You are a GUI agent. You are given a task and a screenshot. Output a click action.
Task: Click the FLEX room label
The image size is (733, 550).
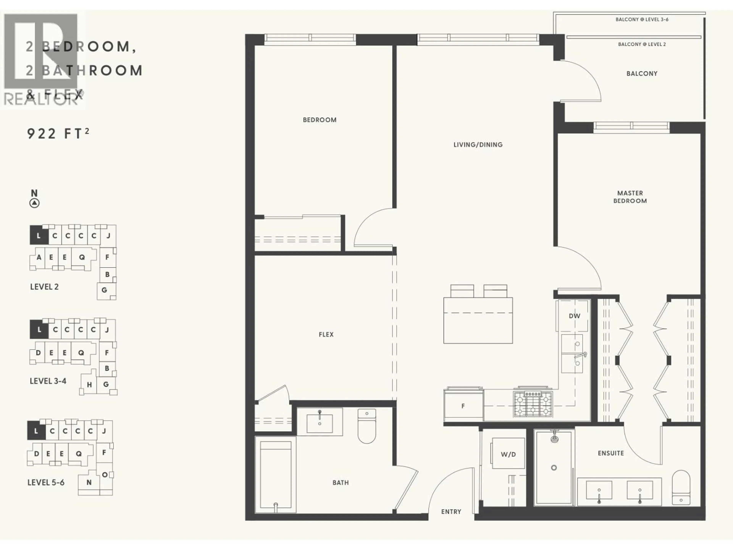pyautogui.click(x=326, y=335)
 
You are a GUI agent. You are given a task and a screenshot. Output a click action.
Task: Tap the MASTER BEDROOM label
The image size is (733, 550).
pyautogui.click(x=630, y=197)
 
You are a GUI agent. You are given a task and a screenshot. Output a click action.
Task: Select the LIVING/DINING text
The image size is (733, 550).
pyautogui.click(x=478, y=145)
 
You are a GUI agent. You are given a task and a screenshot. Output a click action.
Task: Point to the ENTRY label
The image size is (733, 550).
pyautogui.click(x=451, y=512)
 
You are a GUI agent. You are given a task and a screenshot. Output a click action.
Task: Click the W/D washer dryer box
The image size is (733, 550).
pyautogui.click(x=508, y=454)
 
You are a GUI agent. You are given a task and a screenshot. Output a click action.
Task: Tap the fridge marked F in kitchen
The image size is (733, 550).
pyautogui.click(x=463, y=406)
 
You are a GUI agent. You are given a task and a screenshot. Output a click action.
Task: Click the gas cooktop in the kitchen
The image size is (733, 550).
pyautogui.click(x=533, y=404)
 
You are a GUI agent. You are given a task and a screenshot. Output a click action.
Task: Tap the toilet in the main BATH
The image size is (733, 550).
pyautogui.click(x=367, y=427)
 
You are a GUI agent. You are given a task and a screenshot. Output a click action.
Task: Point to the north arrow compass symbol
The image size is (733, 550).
pyautogui.click(x=35, y=203)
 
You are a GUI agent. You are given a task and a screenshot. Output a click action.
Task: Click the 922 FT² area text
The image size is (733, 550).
pyautogui.click(x=58, y=134)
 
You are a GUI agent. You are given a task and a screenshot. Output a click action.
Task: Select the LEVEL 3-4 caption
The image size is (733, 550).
pyautogui.click(x=48, y=381)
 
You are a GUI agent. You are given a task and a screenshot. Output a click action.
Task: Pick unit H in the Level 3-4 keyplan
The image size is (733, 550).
pyautogui.click(x=89, y=385)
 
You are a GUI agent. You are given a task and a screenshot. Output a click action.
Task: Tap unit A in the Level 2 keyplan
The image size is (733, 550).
pyautogui.click(x=39, y=257)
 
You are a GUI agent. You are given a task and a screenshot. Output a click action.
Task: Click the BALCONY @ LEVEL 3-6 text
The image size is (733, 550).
pyautogui.click(x=642, y=19)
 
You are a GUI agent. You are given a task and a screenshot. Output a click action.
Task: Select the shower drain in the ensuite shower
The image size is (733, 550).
pyautogui.click(x=554, y=468)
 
